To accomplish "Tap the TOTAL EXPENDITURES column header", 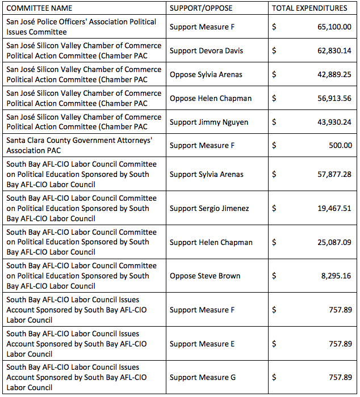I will point(309,9).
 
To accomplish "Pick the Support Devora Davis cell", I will point(206,51).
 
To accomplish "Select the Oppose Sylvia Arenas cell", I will point(206,75).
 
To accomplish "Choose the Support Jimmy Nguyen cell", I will point(208,123).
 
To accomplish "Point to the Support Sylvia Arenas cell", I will point(207,175).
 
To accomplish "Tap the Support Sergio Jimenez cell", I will point(209,208).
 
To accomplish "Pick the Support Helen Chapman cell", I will point(211,242).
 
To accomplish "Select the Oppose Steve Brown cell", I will point(205,276).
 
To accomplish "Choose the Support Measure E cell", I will point(202,344).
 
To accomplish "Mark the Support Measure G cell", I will point(203,378).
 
